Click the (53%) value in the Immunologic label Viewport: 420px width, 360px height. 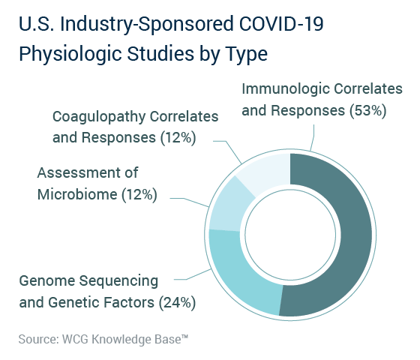[x=368, y=110]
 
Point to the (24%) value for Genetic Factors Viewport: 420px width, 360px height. [x=177, y=302]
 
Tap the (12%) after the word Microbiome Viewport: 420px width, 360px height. [x=139, y=194]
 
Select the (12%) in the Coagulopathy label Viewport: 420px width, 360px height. [x=178, y=138]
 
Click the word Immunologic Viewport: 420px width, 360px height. [x=286, y=89]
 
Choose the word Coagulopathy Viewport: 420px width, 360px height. [x=99, y=117]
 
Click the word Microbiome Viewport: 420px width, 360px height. [x=77, y=194]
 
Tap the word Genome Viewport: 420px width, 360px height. [x=46, y=281]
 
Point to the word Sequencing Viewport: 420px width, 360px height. [x=118, y=281]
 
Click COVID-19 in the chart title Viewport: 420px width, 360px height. [x=281, y=23]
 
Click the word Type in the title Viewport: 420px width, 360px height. [x=247, y=55]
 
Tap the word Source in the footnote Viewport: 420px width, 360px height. [x=38, y=339]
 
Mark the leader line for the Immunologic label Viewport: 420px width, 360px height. [x=313, y=137]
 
